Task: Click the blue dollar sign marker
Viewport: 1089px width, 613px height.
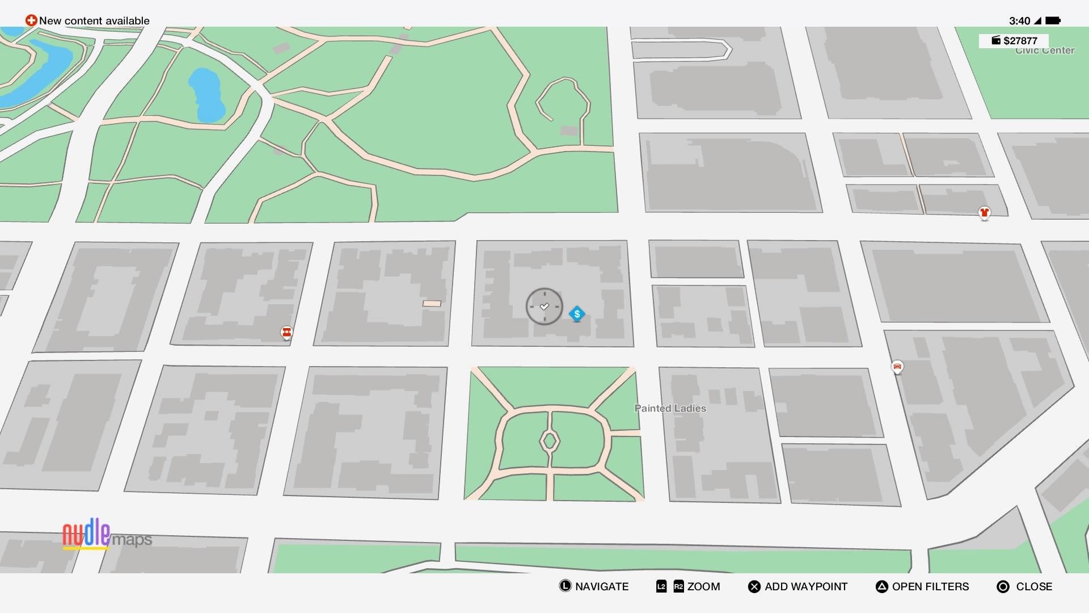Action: click(577, 314)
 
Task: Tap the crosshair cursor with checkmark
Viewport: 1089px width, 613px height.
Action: click(544, 306)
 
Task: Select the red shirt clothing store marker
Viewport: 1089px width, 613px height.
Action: click(984, 213)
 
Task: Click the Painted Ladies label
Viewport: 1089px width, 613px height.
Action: click(670, 408)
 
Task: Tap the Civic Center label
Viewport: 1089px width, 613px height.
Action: click(1045, 51)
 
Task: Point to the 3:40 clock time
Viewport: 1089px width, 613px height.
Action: click(1019, 21)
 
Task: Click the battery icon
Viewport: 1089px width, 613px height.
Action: click(1053, 21)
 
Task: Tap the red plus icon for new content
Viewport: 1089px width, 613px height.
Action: click(31, 20)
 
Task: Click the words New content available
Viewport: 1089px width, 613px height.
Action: click(94, 21)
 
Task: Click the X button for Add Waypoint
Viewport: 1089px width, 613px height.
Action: click(754, 587)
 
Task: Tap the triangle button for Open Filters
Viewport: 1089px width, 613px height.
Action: click(881, 587)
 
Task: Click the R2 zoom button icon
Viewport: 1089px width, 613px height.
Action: click(678, 587)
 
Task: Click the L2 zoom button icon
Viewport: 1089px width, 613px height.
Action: click(661, 587)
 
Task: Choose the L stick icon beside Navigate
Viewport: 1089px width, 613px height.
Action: click(565, 586)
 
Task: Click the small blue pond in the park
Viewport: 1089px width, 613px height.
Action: click(205, 95)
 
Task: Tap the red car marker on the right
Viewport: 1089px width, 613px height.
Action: click(897, 367)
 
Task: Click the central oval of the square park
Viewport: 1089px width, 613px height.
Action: click(549, 440)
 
